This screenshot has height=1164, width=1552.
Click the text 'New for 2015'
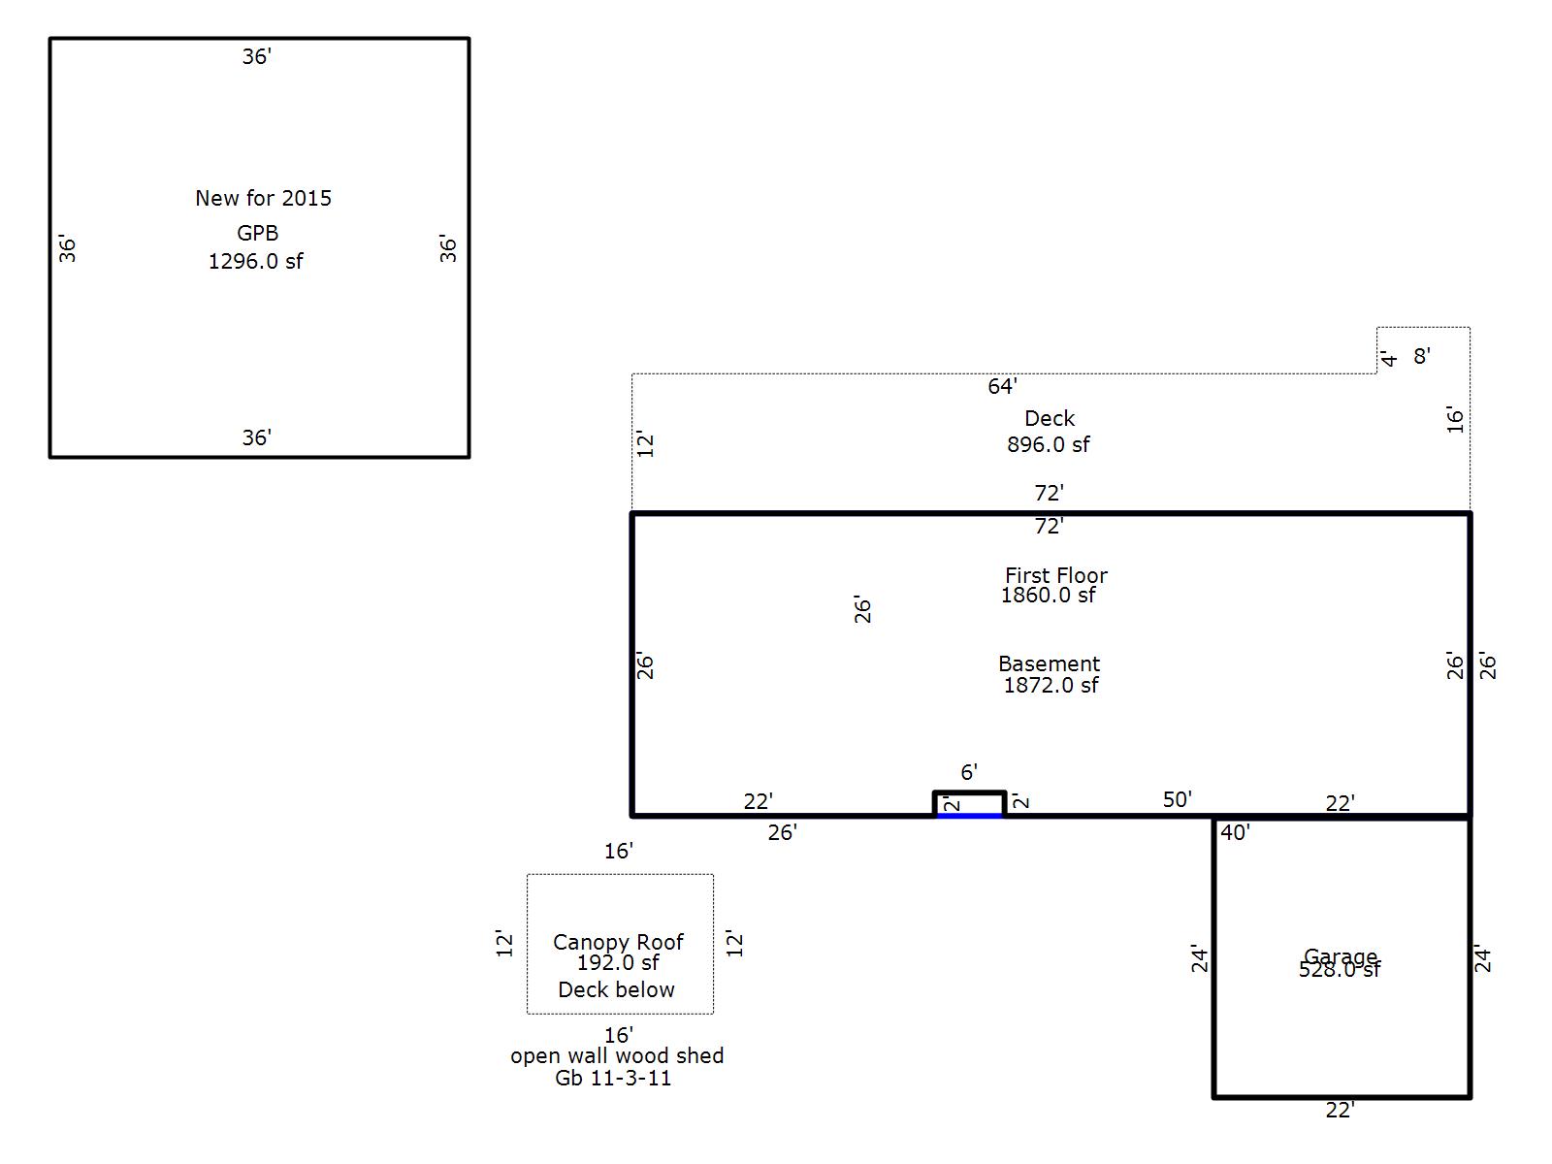pos(263,198)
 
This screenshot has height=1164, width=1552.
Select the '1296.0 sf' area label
pos(255,262)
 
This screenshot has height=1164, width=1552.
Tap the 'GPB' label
pos(257,233)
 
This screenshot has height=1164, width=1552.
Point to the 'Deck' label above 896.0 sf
pos(1050,418)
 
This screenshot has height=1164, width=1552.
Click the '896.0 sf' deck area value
pos(1048,444)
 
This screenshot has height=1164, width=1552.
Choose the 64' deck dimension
pos(1002,386)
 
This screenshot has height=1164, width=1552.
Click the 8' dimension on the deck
pos(1421,356)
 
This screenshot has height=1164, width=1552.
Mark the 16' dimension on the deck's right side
pos(1454,420)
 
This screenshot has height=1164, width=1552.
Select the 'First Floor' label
pos(1056,575)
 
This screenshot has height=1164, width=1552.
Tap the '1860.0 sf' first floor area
pos(1048,595)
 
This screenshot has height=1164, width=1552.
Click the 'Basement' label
pos(1050,663)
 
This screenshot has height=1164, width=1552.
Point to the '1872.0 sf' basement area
pos(1051,685)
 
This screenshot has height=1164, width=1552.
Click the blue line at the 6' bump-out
pos(969,816)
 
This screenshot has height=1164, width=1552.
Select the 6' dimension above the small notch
pos(969,772)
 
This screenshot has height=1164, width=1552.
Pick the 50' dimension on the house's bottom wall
pos(1178,799)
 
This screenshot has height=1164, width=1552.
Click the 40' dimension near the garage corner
pos(1235,832)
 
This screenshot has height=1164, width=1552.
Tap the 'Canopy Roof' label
pos(618,942)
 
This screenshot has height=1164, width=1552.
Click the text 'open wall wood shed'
pos(617,1056)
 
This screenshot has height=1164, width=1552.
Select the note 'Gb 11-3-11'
pos(612,1078)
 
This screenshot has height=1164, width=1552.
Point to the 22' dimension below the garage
pos(1340,1111)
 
